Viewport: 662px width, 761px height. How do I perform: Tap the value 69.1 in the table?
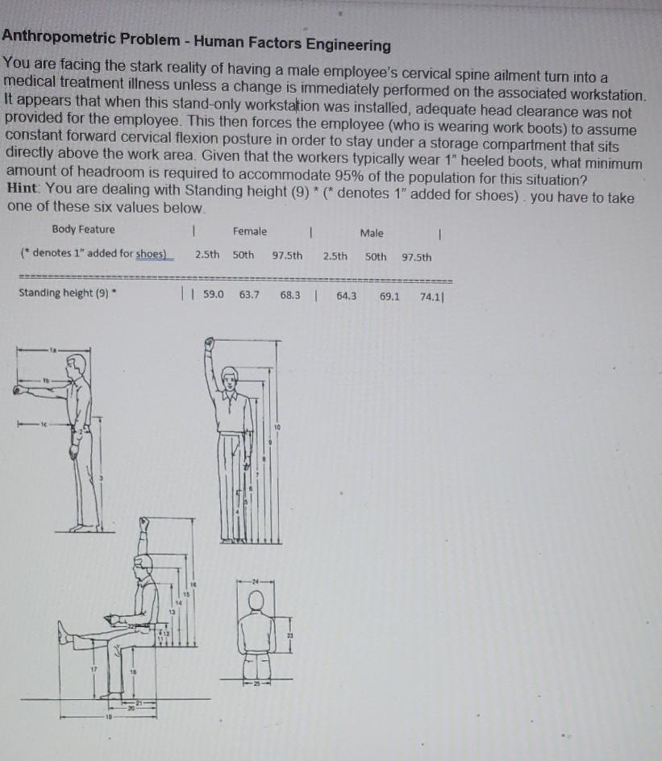pos(390,296)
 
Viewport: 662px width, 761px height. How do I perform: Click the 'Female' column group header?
pos(249,231)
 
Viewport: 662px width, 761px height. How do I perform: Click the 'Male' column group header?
pos(372,233)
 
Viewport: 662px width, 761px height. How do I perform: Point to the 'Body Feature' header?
pos(83,230)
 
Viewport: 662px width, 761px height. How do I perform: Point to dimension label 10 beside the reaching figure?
pos(276,426)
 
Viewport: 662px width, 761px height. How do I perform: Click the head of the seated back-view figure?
pos(257,600)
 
